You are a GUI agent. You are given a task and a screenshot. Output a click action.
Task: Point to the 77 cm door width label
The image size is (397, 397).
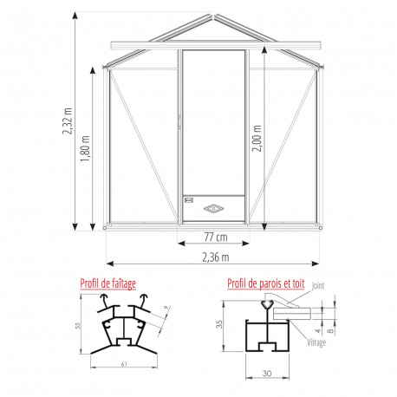[x=216, y=237]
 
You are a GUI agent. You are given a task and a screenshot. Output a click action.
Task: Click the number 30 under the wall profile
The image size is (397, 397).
[x=268, y=375]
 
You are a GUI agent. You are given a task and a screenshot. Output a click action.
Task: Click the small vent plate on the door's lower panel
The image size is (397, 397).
[x=188, y=199]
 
